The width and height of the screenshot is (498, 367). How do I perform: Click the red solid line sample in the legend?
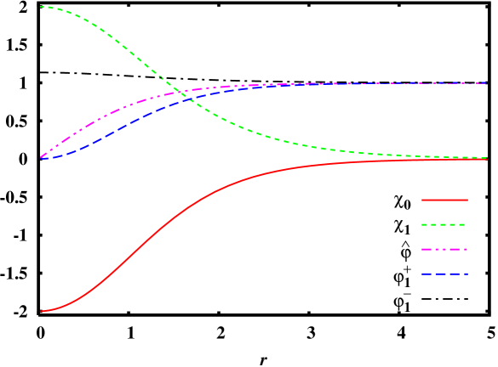(x=444, y=200)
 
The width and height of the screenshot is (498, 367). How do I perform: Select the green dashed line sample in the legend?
(x=444, y=225)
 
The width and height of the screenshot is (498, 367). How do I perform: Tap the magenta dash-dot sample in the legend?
(x=444, y=250)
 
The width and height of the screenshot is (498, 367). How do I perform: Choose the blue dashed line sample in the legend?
(x=444, y=274)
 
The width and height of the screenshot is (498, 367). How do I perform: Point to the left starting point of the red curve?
(x=41, y=312)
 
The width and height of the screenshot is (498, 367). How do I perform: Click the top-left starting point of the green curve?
(x=41, y=7)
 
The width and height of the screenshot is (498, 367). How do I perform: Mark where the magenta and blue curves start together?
(x=41, y=158)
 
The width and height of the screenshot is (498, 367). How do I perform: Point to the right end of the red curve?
(x=486, y=160)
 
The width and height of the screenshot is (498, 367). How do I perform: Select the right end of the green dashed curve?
(x=486, y=157)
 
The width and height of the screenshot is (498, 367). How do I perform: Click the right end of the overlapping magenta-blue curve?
(x=486, y=83)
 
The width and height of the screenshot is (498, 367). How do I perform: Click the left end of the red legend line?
(x=422, y=200)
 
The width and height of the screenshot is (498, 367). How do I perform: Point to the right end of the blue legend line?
(x=467, y=274)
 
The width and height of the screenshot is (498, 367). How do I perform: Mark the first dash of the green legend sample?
(x=425, y=225)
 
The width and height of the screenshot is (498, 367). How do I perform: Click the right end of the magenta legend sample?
(x=467, y=250)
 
